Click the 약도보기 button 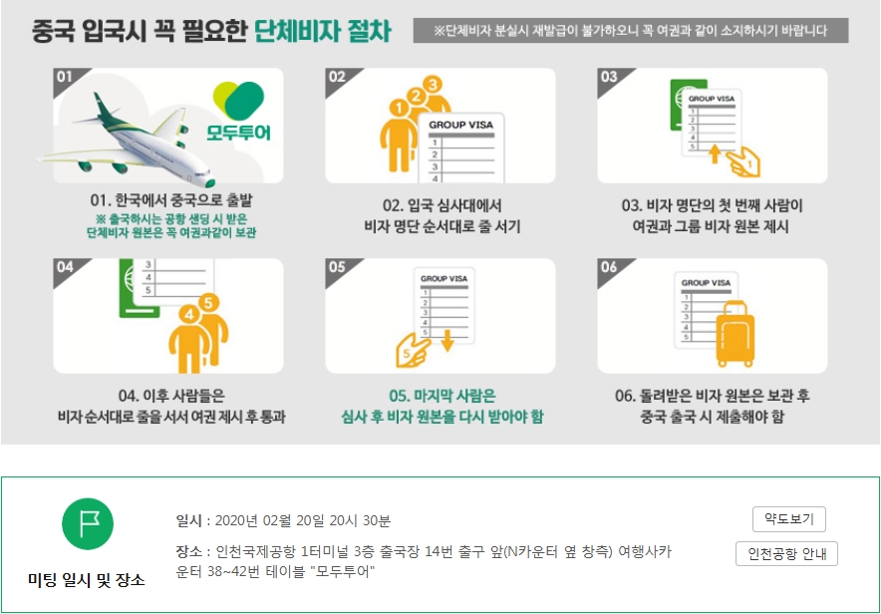[x=789, y=519]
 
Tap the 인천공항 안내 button [x=786, y=554]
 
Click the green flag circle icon [x=88, y=523]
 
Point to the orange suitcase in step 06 [x=734, y=334]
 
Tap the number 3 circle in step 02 [x=433, y=85]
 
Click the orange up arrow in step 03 [x=715, y=153]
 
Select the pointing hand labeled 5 [x=413, y=351]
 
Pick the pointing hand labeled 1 [x=742, y=161]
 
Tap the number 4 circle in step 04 [x=189, y=315]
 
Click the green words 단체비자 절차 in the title [x=323, y=30]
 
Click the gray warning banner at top [x=631, y=30]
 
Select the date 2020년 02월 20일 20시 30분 [x=303, y=520]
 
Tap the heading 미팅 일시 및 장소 [x=87, y=580]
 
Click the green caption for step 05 [x=442, y=406]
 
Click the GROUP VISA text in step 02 [x=460, y=125]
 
